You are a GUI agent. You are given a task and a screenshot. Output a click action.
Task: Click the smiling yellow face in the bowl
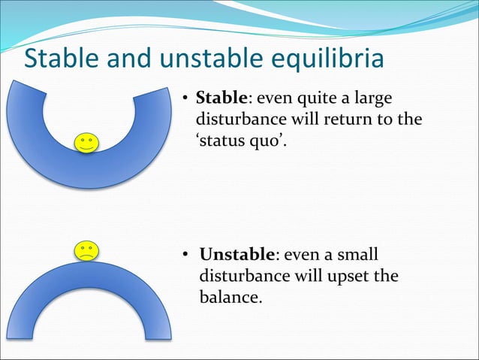pos(86,142)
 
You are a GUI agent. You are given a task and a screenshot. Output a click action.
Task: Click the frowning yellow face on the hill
pos(86,250)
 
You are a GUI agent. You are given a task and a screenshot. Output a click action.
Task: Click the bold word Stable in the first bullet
pos(218,99)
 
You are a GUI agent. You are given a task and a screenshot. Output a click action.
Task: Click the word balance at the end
pos(230,298)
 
